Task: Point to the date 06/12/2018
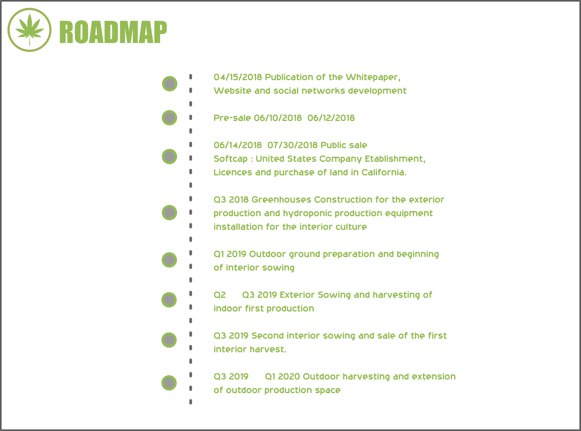[331, 118]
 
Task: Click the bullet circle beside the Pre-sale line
[169, 118]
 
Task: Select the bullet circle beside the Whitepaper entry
[170, 84]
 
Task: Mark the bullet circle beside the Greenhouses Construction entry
[169, 213]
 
